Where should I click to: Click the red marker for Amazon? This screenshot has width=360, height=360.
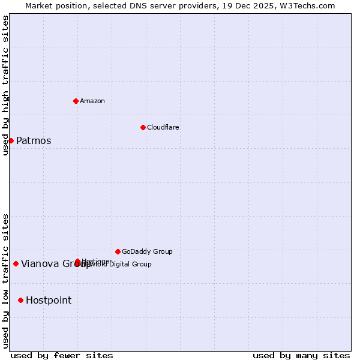point(76,101)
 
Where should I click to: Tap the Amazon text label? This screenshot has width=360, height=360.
point(92,101)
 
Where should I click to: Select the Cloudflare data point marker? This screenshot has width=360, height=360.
point(143,127)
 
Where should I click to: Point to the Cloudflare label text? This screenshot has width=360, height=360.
point(163,127)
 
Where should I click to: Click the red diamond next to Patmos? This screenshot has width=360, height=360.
point(11,140)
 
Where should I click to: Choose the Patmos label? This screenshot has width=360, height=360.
point(34,141)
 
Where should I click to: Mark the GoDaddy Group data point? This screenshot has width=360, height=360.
point(118,251)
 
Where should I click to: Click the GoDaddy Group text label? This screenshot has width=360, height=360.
point(147,251)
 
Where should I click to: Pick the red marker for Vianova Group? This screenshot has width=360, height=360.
point(16,263)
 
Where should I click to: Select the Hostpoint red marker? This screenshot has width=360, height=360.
point(20,300)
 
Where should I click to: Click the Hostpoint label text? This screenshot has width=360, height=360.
point(49,300)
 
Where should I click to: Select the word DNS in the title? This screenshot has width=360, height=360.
point(133,6)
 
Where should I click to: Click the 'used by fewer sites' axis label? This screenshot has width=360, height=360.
point(62,355)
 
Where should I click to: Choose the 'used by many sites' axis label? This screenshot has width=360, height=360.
point(301,355)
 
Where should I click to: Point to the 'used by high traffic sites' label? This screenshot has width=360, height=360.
point(5,85)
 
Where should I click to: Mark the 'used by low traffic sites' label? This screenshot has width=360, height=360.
point(5,281)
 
